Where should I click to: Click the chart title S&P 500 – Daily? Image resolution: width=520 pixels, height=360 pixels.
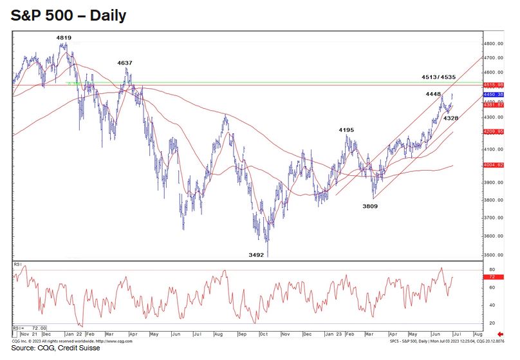69,16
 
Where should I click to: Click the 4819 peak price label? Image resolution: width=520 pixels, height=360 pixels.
63,38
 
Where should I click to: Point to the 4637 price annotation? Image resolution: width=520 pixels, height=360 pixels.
125,62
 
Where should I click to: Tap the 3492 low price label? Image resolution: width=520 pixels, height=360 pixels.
256,255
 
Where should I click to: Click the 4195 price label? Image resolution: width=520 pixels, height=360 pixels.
346,130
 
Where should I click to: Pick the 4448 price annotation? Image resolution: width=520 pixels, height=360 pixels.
432,94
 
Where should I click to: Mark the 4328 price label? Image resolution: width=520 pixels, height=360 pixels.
450,118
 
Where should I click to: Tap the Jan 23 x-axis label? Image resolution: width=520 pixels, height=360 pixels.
333,336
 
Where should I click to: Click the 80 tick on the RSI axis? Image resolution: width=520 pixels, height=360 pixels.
492,269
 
